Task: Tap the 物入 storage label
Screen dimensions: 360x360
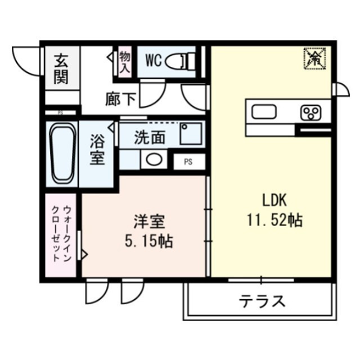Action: (124, 62)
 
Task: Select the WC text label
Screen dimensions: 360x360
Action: (154, 59)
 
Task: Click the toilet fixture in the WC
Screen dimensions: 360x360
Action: (183, 58)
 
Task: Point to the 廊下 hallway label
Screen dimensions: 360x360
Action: (120, 99)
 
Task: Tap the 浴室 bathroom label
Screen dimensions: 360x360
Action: (98, 149)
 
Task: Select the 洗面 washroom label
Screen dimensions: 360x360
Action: (150, 137)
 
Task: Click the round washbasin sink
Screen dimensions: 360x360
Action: (153, 159)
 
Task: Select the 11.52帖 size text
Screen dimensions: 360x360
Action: (274, 220)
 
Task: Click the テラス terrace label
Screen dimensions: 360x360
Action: (262, 301)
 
